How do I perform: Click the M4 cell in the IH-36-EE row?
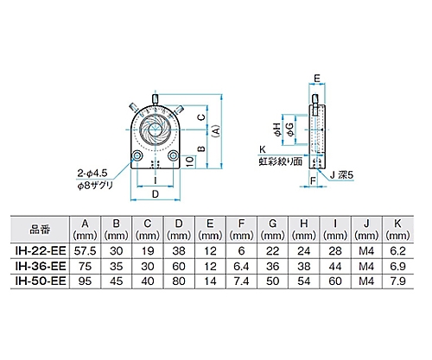pyautogui.click(x=365, y=267)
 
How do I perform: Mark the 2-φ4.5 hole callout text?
pyautogui.click(x=96, y=170)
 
